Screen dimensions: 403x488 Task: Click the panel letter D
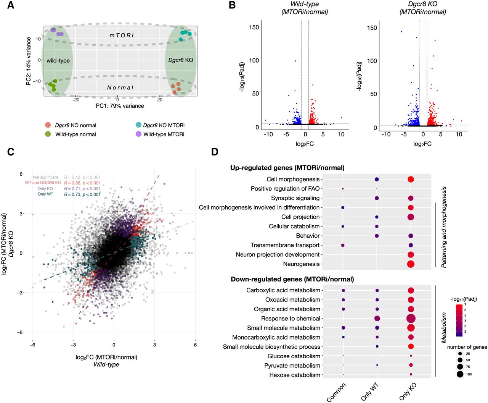pyautogui.click(x=215, y=152)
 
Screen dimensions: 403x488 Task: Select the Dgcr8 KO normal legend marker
pyautogui.click(x=48, y=125)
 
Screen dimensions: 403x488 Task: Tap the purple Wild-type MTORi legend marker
pyautogui.click(x=138, y=134)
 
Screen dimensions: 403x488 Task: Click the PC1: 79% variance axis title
pyautogui.click(x=120, y=106)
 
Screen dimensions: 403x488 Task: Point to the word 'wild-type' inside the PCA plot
pyautogui.click(x=58, y=60)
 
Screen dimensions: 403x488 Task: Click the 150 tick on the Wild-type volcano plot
pyautogui.click(x=254, y=27)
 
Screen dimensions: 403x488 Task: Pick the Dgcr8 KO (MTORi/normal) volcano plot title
pyautogui.click(x=422, y=8)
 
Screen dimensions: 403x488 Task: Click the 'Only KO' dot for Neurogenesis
pyautogui.click(x=411, y=264)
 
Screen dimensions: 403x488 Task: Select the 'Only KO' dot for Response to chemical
pyautogui.click(x=411, y=319)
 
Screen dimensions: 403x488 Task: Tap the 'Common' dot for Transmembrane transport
pyautogui.click(x=343, y=245)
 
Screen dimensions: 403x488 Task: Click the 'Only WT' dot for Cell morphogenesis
pyautogui.click(x=377, y=179)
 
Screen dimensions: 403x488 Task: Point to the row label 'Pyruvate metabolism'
pyautogui.click(x=292, y=366)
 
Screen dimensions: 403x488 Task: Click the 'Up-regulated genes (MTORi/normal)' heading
pyautogui.click(x=287, y=168)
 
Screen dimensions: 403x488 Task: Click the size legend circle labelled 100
pyautogui.click(x=460, y=374)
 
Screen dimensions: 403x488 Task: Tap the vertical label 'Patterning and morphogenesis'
pyautogui.click(x=444, y=227)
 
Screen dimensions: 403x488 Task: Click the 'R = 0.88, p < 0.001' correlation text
pyautogui.click(x=82, y=183)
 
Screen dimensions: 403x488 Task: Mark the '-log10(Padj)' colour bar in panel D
pyautogui.click(x=459, y=320)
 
